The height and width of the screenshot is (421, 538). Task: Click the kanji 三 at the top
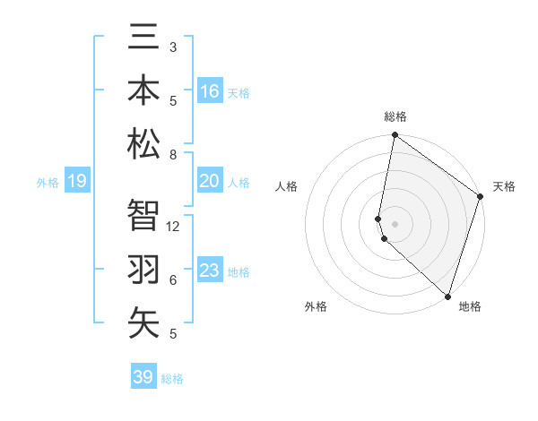tap(143, 38)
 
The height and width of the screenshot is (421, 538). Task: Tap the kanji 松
tap(143, 143)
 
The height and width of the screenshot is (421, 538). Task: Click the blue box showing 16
tap(210, 91)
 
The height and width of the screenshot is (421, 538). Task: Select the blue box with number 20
tap(210, 182)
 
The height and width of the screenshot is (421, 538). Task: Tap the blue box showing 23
tap(210, 271)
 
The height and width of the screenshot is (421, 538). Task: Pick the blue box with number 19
tap(76, 182)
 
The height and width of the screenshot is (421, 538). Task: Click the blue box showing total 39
tap(143, 377)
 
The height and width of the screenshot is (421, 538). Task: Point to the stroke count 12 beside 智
tap(174, 227)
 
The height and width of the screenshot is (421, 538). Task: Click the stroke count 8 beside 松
tap(173, 155)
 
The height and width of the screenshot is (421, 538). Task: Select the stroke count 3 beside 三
tap(173, 47)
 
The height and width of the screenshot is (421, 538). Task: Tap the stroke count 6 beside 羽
tap(173, 280)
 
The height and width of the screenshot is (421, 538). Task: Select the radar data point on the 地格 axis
tap(447, 296)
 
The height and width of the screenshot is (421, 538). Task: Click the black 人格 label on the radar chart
tap(287, 186)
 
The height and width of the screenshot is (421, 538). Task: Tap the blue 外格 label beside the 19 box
tap(48, 183)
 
